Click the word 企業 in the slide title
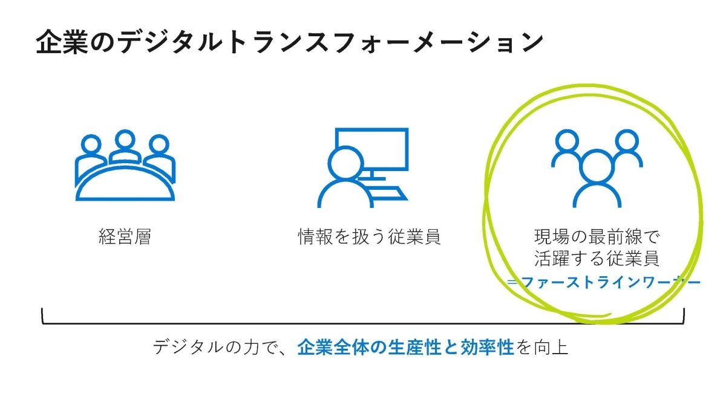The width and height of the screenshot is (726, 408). pos(62,42)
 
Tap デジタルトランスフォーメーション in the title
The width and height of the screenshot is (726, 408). pos(329,42)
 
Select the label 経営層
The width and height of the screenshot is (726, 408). pos(125,237)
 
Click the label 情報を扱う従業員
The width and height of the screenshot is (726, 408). pos(369,237)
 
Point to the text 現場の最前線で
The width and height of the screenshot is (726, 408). pos(597,237)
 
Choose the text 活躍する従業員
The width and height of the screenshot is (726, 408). pos(597,258)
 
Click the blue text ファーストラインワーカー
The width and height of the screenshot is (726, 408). pos(610,282)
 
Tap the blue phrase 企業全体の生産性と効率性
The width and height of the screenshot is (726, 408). pos(405,347)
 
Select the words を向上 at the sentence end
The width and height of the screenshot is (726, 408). pos(542,347)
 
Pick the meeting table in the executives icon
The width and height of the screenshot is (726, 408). pos(125,184)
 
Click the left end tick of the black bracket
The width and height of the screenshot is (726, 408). pos(42,316)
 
